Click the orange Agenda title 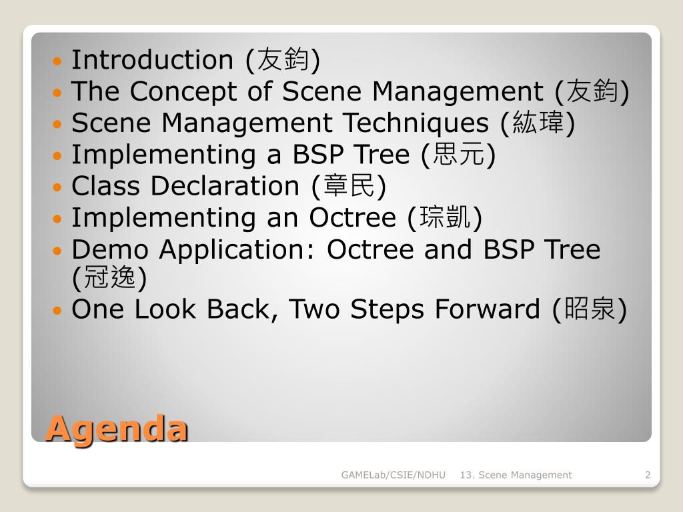click(117, 429)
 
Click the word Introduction click(153, 59)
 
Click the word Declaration click(225, 186)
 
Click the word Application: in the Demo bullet click(237, 251)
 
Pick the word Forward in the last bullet click(488, 309)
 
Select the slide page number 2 click(648, 475)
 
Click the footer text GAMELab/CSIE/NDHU click(394, 475)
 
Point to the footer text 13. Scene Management click(516, 475)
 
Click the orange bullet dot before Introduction click(57, 61)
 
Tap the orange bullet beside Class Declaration click(57, 187)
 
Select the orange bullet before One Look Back click(57, 311)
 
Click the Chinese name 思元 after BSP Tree click(458, 154)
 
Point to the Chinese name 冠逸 click(109, 277)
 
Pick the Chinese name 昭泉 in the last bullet click(590, 309)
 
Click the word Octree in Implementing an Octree click(352, 218)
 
